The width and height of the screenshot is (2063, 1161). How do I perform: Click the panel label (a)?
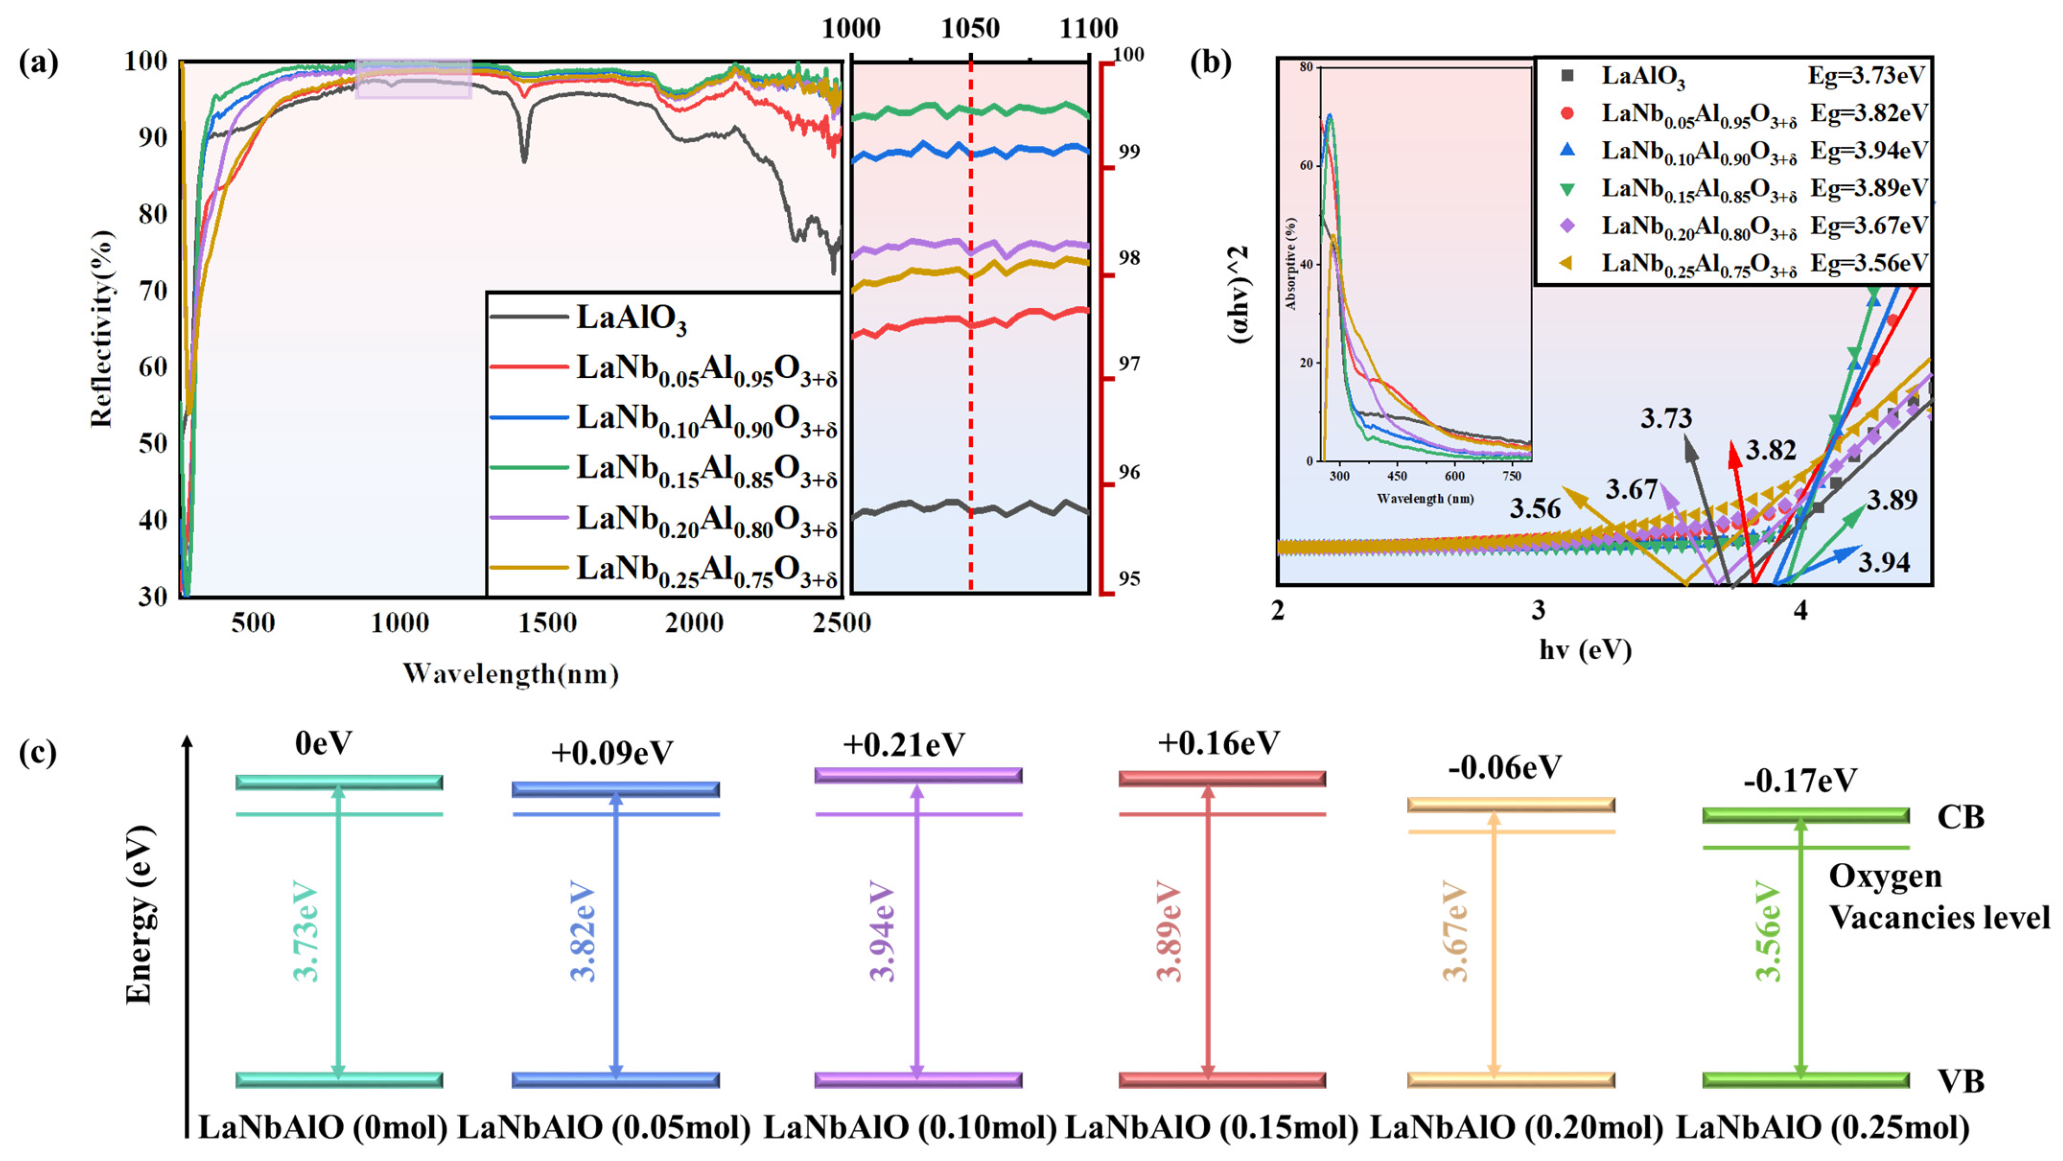tap(38, 62)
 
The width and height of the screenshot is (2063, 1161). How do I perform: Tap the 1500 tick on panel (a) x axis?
tap(547, 623)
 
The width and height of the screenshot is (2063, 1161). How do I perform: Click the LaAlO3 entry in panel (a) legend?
tap(631, 318)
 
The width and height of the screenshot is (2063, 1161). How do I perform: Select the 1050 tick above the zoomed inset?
tap(970, 29)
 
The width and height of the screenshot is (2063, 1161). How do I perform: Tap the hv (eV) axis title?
tap(1585, 650)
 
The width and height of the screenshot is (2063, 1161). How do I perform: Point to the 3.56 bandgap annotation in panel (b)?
tap(1535, 509)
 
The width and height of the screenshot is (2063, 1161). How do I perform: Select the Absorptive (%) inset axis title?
tap(1290, 264)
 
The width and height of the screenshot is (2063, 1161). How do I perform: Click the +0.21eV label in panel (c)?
tap(903, 744)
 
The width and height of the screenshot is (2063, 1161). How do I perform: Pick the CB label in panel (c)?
tap(1960, 817)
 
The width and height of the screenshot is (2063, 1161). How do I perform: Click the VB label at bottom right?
tap(1960, 1082)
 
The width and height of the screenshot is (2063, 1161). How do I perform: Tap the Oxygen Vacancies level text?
tap(1938, 897)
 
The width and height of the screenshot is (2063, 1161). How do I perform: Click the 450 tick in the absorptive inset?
tap(1397, 476)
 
